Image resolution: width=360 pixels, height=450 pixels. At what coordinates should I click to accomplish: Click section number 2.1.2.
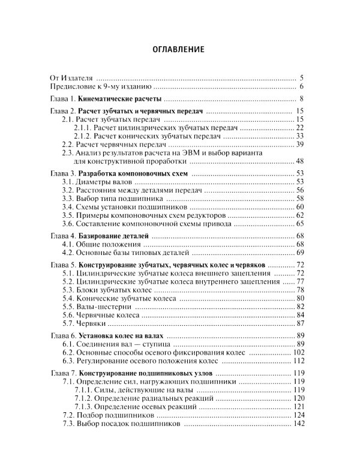(x=85, y=136)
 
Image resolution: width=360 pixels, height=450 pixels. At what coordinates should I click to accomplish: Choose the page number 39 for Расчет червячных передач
(x=299, y=145)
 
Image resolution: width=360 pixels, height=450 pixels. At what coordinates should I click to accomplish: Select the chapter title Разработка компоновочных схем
(x=133, y=173)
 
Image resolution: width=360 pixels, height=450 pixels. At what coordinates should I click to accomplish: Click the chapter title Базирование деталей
(x=113, y=237)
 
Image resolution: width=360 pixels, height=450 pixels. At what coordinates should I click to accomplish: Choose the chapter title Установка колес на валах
(x=123, y=337)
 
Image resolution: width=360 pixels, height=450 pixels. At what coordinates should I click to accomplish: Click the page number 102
(x=298, y=353)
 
